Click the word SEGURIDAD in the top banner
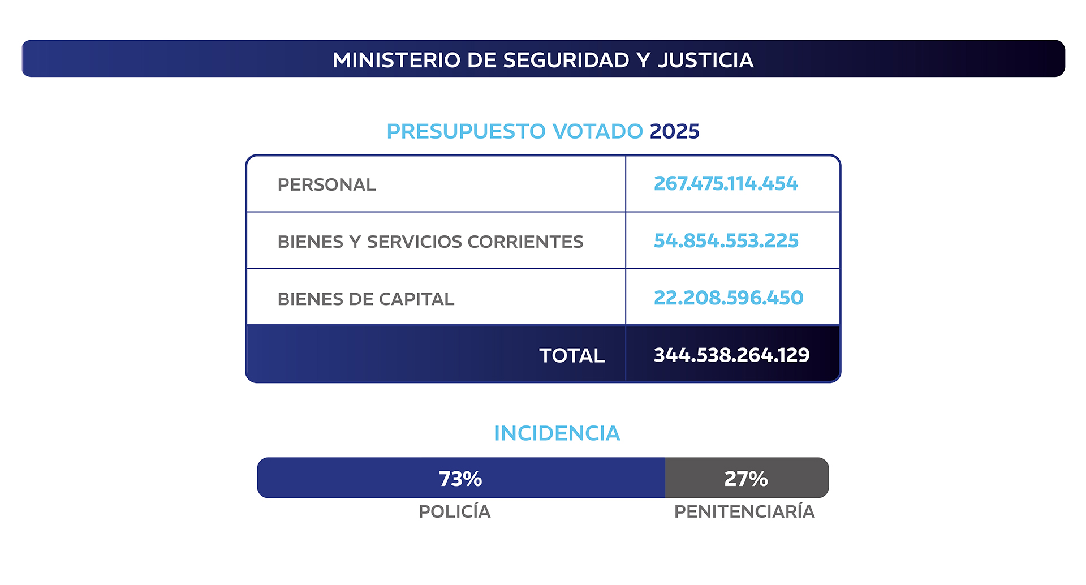pyautogui.click(x=566, y=60)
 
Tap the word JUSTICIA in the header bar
pyautogui.click(x=705, y=60)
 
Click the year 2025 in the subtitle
pyautogui.click(x=674, y=131)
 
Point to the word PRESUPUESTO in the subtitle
pyautogui.click(x=466, y=131)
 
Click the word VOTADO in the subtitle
pyautogui.click(x=597, y=131)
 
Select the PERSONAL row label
pyautogui.click(x=326, y=185)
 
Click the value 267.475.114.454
pyautogui.click(x=726, y=184)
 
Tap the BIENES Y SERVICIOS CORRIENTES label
pyautogui.click(x=430, y=242)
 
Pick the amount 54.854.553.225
pyautogui.click(x=726, y=241)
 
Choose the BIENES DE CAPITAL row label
pyautogui.click(x=365, y=299)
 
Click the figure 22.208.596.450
pyautogui.click(x=728, y=298)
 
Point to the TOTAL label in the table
pyautogui.click(x=571, y=355)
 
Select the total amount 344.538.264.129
pyautogui.click(x=731, y=355)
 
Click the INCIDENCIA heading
pyautogui.click(x=557, y=433)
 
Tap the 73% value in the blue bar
pyautogui.click(x=460, y=479)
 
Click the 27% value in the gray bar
pyautogui.click(x=746, y=479)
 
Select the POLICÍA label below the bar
pyautogui.click(x=454, y=511)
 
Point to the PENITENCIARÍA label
pyautogui.click(x=744, y=511)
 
